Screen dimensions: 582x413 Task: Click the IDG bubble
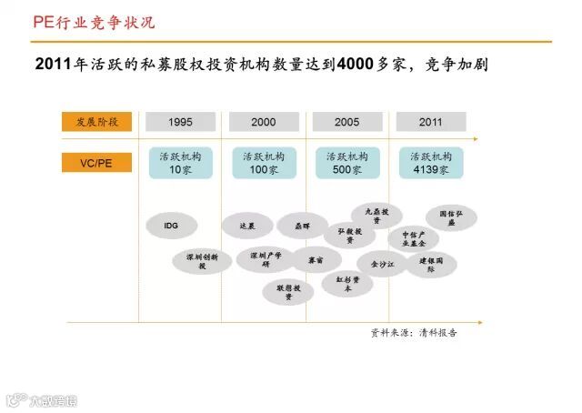(171, 225)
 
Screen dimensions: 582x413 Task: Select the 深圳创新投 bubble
(203, 262)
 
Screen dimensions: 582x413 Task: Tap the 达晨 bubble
(247, 225)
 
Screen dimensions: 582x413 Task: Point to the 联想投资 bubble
(289, 291)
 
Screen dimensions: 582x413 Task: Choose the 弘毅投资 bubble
(350, 236)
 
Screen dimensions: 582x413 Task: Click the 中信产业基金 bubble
(414, 239)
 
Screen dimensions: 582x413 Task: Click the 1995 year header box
(179, 122)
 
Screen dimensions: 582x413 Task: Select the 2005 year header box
(346, 122)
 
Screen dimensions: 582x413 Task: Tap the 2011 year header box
(431, 122)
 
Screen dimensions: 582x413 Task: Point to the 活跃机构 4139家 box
(431, 163)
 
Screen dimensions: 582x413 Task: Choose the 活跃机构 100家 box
(264, 163)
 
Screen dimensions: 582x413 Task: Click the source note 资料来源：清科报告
(414, 333)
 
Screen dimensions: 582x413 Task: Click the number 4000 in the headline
(357, 65)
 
